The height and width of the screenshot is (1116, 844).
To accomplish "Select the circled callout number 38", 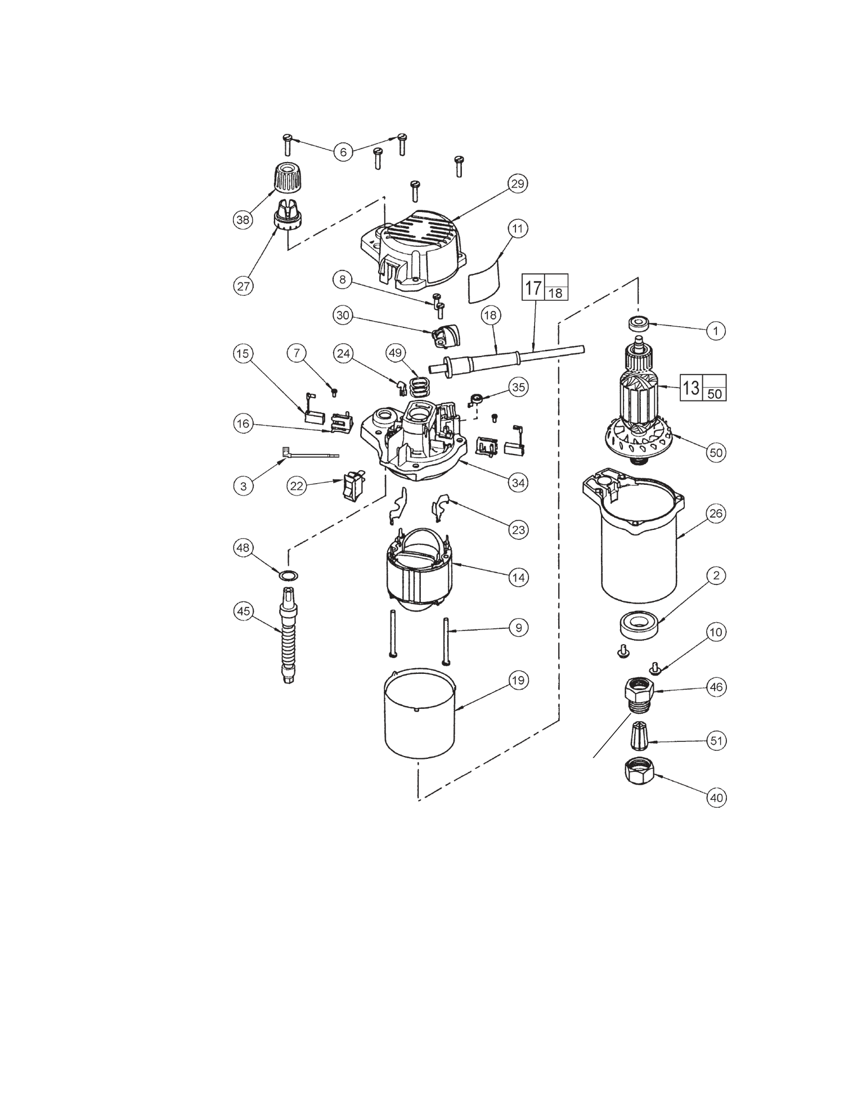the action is (x=243, y=219).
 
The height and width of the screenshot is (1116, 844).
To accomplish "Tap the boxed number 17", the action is (x=533, y=287).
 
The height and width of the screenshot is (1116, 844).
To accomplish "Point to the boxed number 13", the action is (x=691, y=388).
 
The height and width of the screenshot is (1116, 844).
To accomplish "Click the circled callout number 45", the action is (x=243, y=611).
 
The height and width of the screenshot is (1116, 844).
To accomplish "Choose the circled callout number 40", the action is (x=715, y=798).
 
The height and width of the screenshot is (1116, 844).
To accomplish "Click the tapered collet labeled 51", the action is (x=638, y=735).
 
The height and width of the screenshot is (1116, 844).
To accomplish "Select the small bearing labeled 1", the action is (x=639, y=323).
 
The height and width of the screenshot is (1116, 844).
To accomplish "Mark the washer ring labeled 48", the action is (x=288, y=575).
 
